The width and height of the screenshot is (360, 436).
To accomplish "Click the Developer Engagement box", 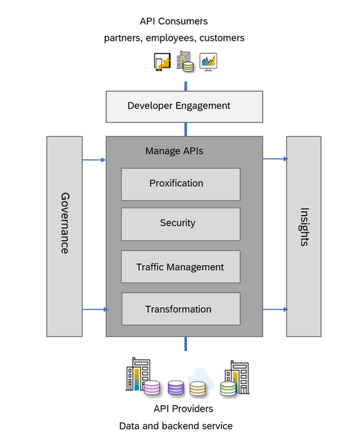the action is coord(184,107).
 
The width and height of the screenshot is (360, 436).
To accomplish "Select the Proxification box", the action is coord(180,184).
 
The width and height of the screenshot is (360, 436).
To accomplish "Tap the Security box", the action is coord(180,224).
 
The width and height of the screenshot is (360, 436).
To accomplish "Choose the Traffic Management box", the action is coord(180,266).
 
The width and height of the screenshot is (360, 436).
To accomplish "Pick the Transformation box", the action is coord(181,308).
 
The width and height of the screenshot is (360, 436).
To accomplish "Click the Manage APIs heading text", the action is coord(174,151).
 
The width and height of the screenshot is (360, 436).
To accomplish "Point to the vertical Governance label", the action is coord(64,223).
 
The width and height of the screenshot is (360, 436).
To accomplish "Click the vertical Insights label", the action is coord(304,227).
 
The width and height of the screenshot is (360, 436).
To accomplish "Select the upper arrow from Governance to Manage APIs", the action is coord(94,160).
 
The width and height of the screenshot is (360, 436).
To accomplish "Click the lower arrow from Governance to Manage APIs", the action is coord(95,309).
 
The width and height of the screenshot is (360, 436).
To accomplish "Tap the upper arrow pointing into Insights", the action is coord(275,158).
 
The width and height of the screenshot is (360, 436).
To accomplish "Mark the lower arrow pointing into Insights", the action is coord(275,309).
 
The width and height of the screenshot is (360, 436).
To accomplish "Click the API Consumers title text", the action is coord(174,22).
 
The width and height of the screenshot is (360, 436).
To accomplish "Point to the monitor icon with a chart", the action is coord(208,62).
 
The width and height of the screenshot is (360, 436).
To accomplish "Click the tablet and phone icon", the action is coord(162,62).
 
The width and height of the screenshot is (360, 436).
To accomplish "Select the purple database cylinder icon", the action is coord(176,387).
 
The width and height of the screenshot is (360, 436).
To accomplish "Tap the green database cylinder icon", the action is coord(228,389).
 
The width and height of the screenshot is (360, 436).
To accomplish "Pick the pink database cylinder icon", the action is coord(152,387).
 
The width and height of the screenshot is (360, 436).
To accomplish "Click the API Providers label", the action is coord(184,409).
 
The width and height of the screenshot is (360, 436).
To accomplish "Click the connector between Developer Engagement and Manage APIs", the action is coord(186,130).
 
